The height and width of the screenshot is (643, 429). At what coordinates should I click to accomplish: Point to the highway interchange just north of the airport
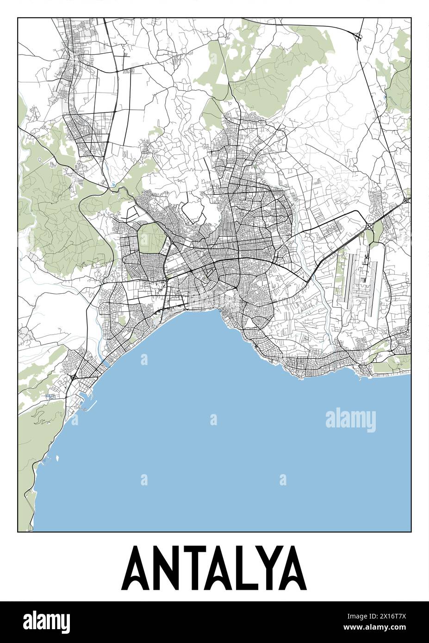pos(369,227)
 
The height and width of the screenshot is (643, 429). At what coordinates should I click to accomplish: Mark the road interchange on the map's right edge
pos(406,200)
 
